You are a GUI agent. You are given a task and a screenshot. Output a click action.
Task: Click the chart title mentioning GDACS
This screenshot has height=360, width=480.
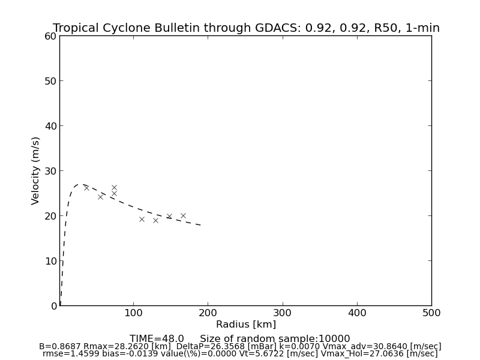[x=246, y=28]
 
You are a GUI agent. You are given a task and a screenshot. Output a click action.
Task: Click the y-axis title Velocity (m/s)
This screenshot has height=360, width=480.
[x=36, y=170]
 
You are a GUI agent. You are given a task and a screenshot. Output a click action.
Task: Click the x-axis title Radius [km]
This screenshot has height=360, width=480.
[x=246, y=325]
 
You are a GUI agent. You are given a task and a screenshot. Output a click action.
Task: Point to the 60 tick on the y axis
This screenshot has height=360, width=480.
[x=50, y=36]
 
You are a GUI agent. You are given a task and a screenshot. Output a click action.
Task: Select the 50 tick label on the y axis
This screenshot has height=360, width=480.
[x=50, y=81]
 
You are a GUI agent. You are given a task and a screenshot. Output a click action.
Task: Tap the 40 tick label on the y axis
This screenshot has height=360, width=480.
[x=50, y=126]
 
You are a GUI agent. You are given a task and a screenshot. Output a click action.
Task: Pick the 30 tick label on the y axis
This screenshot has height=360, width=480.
[x=50, y=171]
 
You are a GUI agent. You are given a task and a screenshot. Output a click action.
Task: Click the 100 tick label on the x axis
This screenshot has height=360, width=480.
[x=134, y=313]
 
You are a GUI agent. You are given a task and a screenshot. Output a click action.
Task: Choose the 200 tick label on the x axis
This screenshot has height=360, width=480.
[x=208, y=313]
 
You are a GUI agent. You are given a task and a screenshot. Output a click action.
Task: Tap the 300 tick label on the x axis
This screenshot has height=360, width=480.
[x=283, y=313]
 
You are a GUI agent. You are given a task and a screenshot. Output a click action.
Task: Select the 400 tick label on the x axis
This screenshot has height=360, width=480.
[x=357, y=313]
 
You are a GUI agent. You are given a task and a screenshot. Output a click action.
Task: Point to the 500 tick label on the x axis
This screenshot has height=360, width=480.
[x=431, y=313]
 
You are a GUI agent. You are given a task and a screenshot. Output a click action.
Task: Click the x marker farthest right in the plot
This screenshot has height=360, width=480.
[x=183, y=215]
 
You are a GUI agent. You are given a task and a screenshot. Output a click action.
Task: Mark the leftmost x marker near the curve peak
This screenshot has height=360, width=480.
[x=86, y=188]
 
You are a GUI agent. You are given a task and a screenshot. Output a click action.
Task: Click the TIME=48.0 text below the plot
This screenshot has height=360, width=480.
[x=157, y=339]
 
